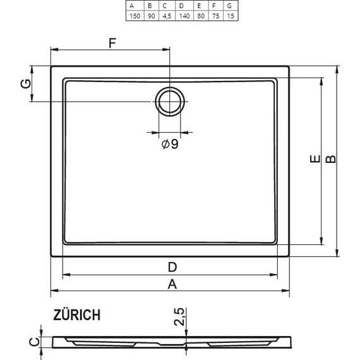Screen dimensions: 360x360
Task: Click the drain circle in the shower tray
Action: [x=169, y=102]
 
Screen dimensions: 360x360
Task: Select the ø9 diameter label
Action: [x=169, y=145]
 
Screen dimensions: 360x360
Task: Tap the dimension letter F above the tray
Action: [x=112, y=44]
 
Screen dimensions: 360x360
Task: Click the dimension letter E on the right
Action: [x=314, y=161]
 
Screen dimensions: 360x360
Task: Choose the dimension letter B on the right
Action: [x=330, y=161]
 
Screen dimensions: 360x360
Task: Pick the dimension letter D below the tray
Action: [x=171, y=266]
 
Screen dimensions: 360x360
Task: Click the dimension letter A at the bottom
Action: [x=171, y=284]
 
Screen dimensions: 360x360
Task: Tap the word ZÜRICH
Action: [x=76, y=315]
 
